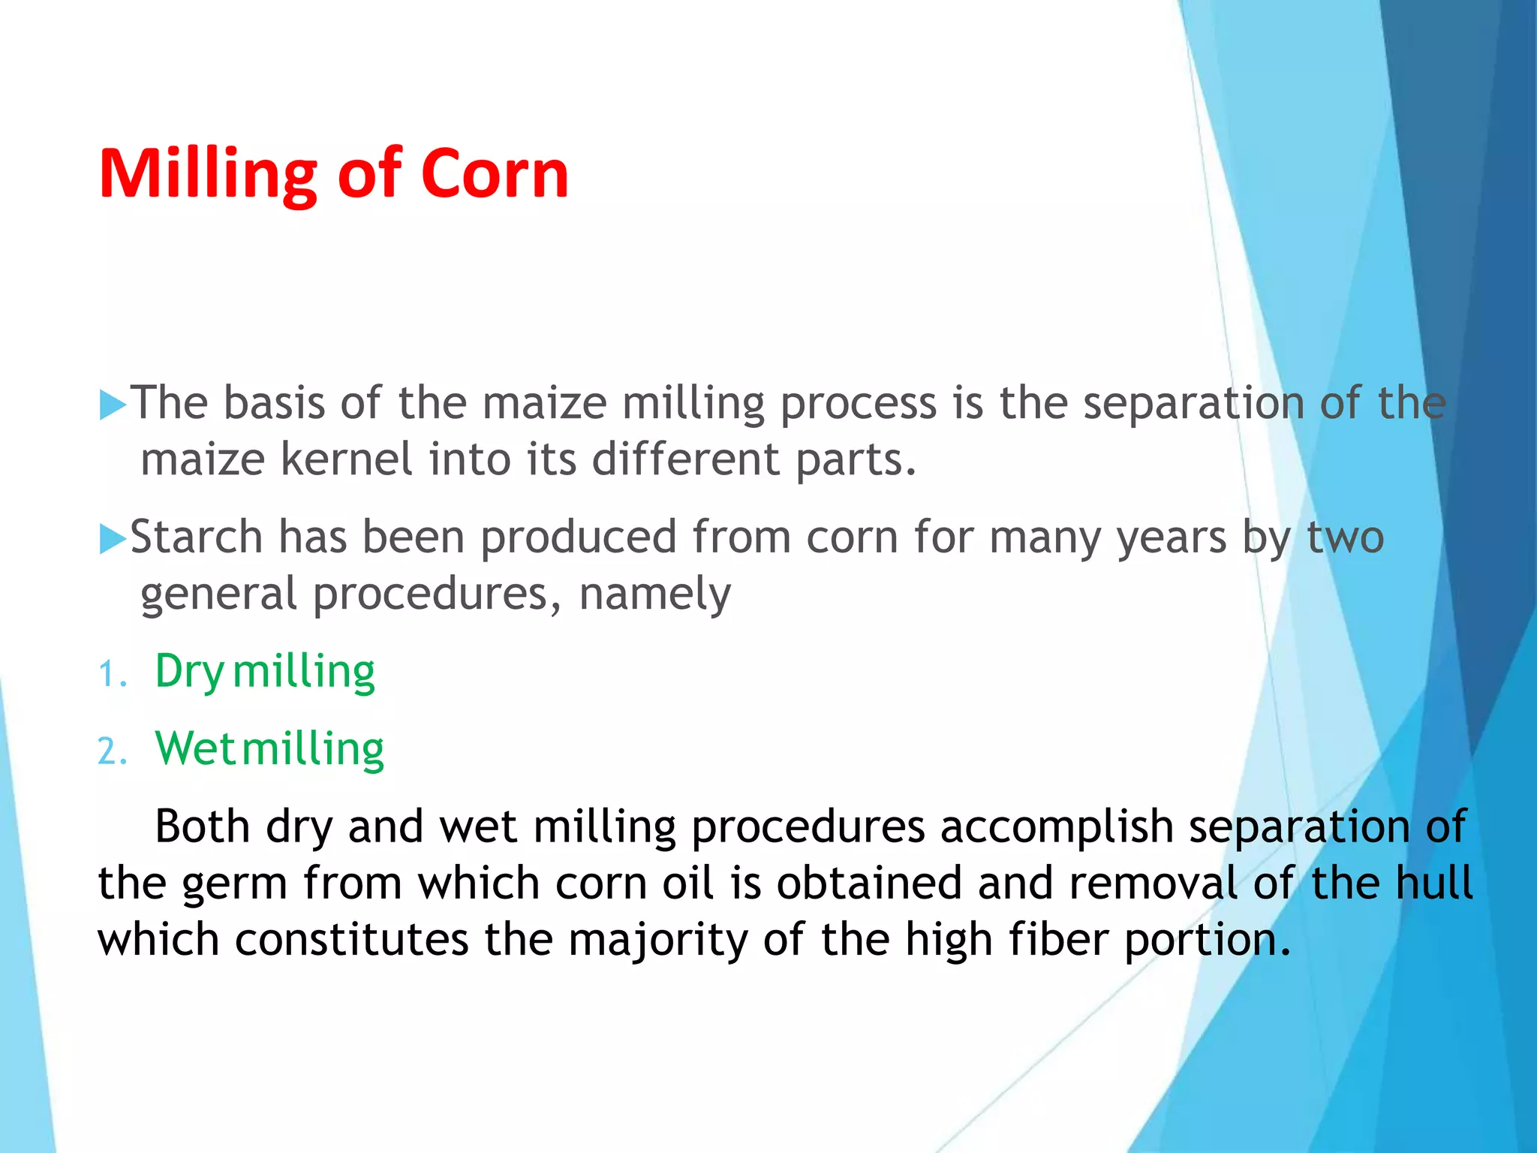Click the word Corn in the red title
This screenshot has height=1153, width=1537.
pyautogui.click(x=495, y=174)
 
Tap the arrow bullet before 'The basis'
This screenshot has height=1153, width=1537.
pyautogui.click(x=113, y=405)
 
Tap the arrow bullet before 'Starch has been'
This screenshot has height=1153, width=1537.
pyautogui.click(x=113, y=539)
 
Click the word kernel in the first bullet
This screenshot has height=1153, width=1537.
pyautogui.click(x=346, y=459)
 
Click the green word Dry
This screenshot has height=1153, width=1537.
pyautogui.click(x=189, y=672)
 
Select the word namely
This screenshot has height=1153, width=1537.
pyautogui.click(x=654, y=595)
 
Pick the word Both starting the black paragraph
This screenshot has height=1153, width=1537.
pyautogui.click(x=202, y=826)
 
